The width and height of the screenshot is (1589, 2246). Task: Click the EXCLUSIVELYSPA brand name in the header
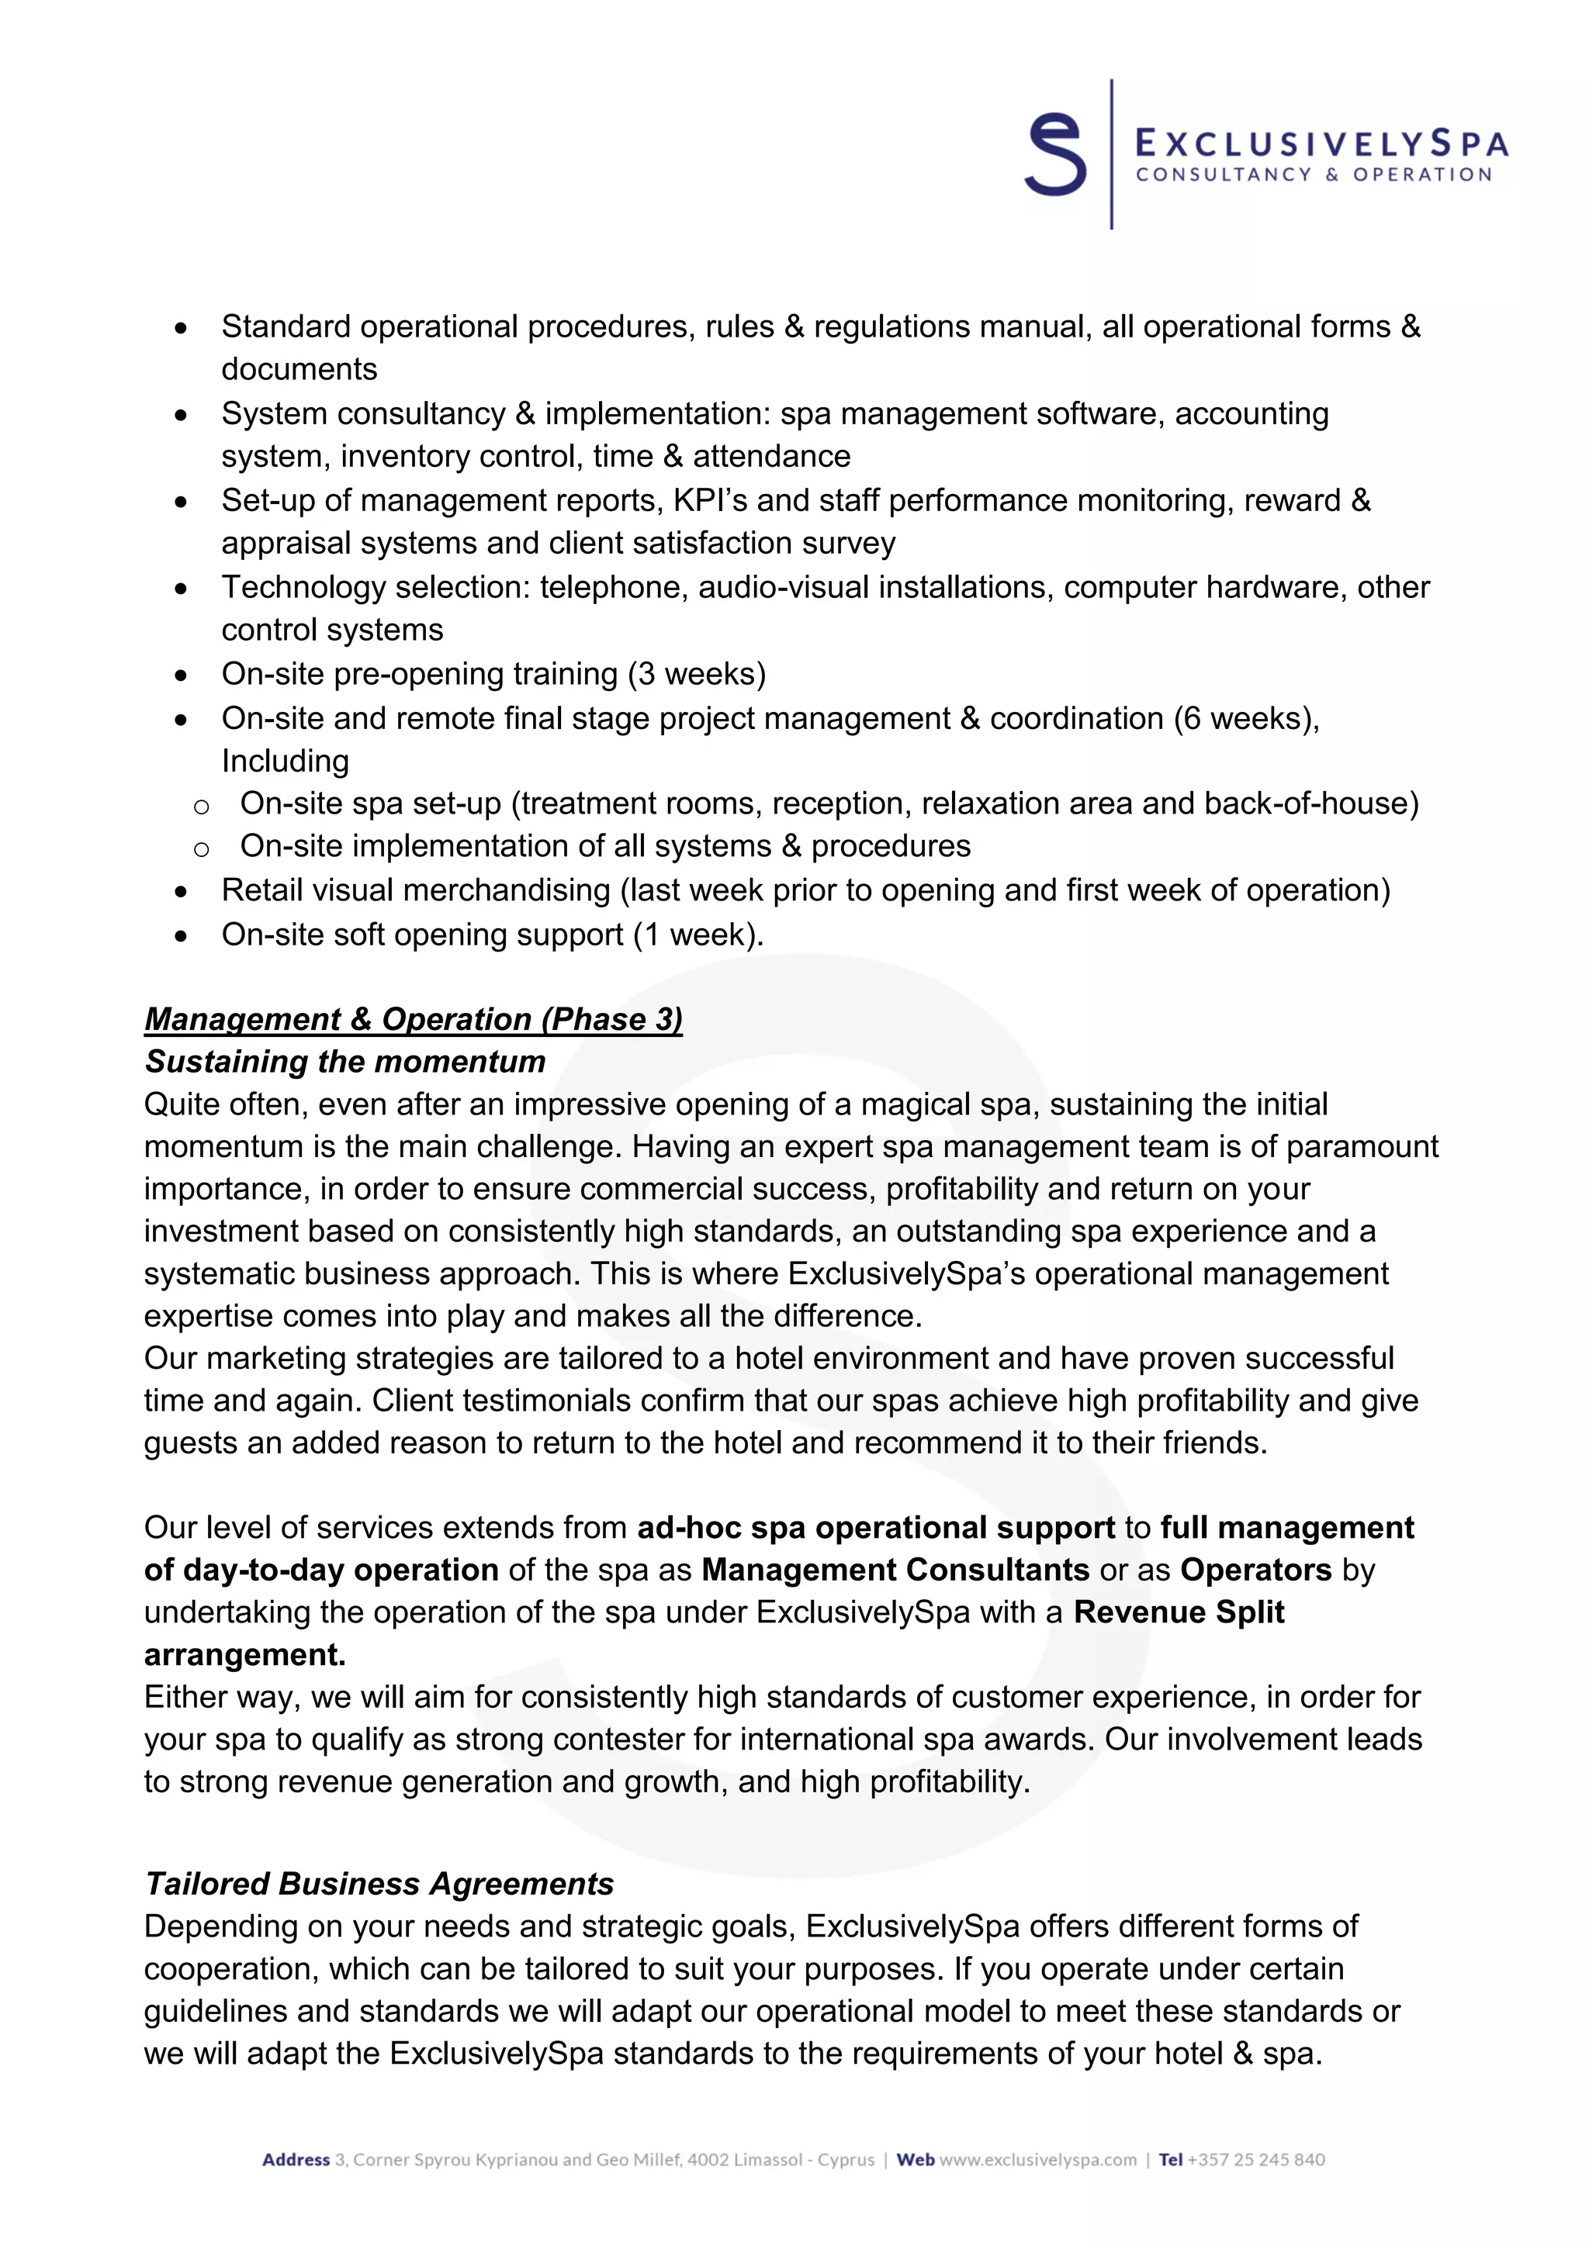(1320, 145)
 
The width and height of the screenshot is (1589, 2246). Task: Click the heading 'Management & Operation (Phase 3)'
(413, 1019)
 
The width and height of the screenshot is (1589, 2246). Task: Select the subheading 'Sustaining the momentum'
(344, 1062)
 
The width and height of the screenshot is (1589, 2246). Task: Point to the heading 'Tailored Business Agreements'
(379, 1884)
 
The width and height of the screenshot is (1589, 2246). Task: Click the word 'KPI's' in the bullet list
(711, 500)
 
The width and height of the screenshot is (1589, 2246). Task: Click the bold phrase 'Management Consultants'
(895, 1570)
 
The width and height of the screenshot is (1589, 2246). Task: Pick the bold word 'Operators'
(1255, 1570)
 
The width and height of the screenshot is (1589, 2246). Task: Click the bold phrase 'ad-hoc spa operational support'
(876, 1528)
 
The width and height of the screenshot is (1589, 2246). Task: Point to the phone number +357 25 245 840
(1256, 2160)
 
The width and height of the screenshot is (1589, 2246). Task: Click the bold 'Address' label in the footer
(296, 2160)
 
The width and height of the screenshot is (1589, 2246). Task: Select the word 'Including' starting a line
(285, 761)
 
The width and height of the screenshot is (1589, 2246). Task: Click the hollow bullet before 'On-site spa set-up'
(202, 806)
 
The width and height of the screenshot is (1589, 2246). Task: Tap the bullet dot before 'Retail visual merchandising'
(181, 892)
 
